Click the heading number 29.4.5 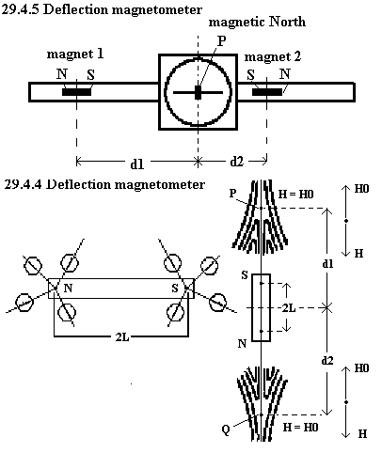pyautogui.click(x=21, y=9)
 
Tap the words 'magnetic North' pyautogui.click(x=257, y=23)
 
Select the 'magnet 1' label pyautogui.click(x=75, y=55)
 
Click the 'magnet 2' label pyautogui.click(x=272, y=57)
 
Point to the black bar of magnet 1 pyautogui.click(x=77, y=92)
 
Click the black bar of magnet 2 pyautogui.click(x=267, y=92)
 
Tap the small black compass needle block pyautogui.click(x=198, y=93)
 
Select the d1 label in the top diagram pyautogui.click(x=137, y=164)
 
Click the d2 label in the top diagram pyautogui.click(x=236, y=162)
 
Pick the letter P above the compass pyautogui.click(x=222, y=41)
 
